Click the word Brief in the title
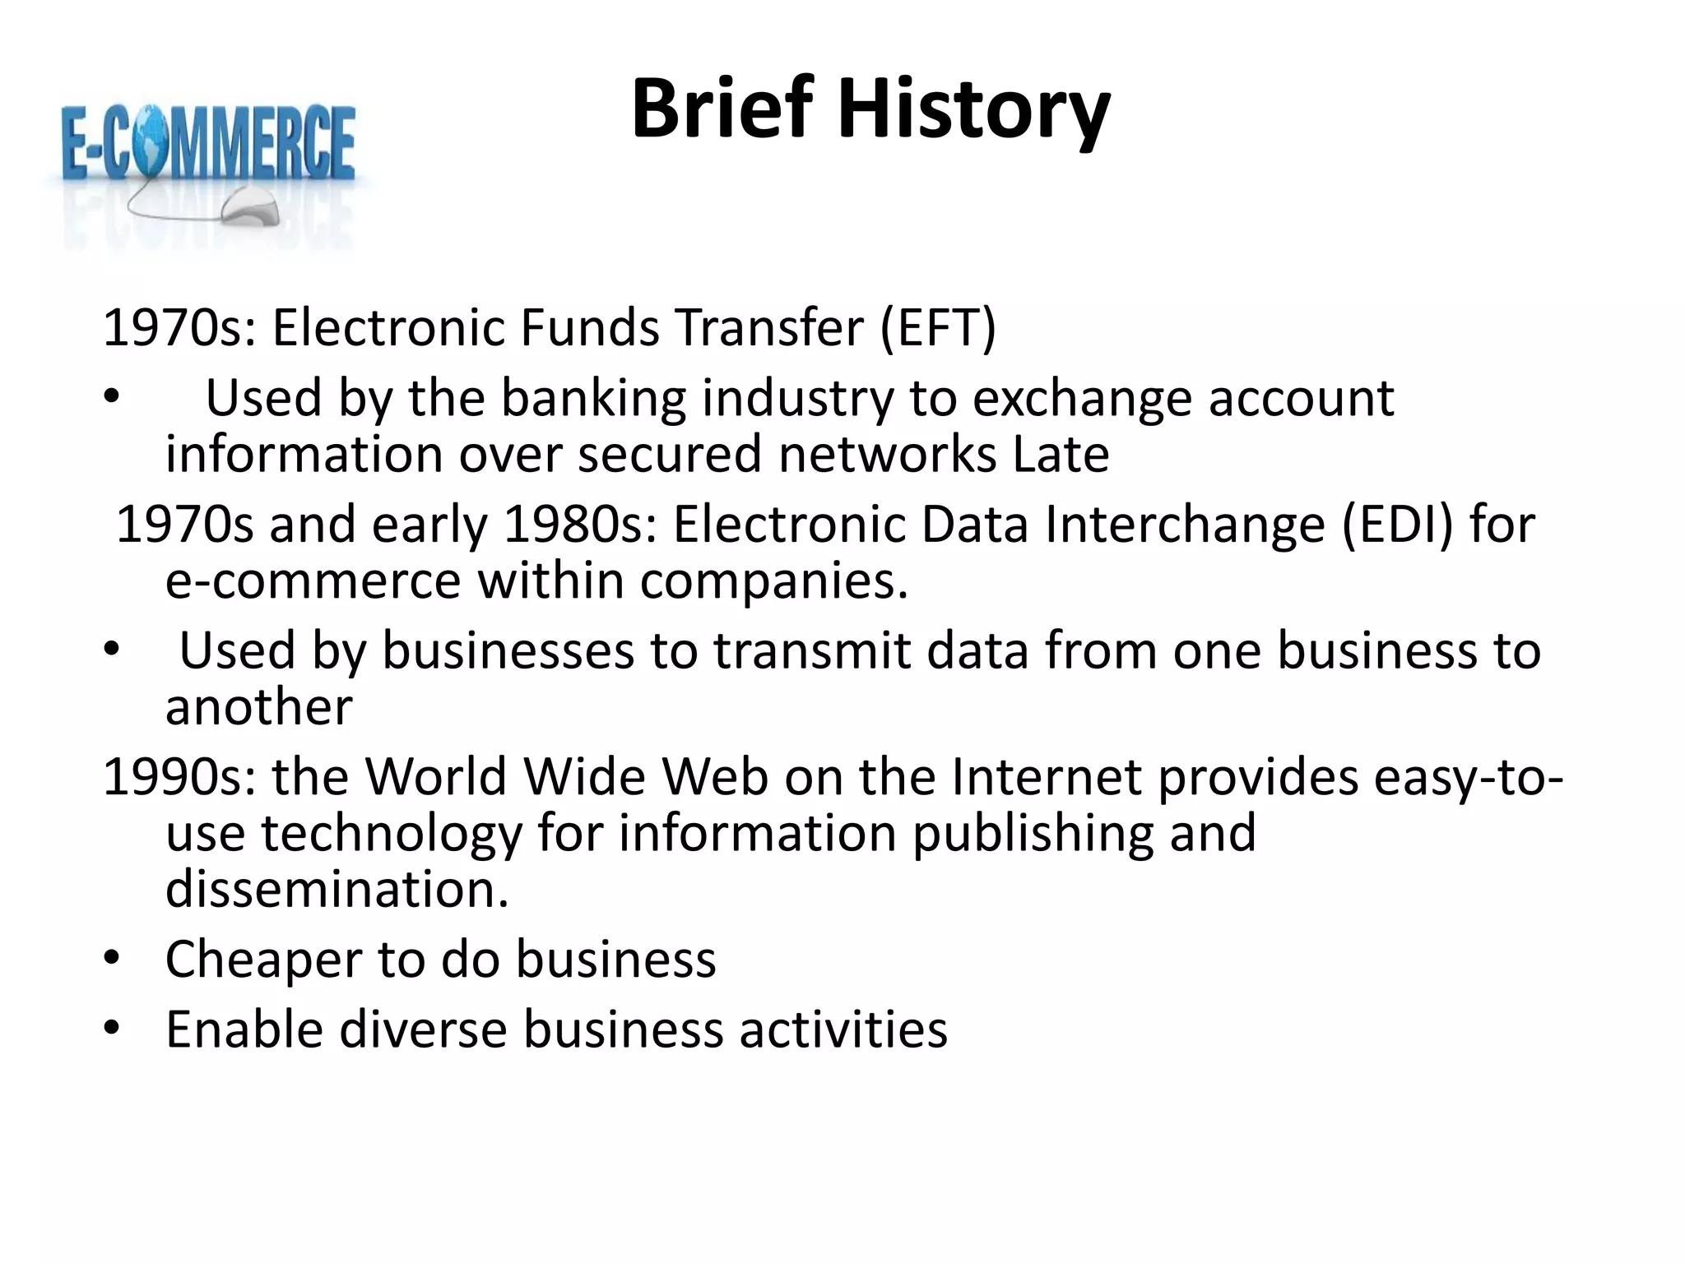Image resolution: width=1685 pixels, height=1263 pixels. point(722,109)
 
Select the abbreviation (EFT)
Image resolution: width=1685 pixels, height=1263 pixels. point(937,327)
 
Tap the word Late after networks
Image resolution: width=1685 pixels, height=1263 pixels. point(1061,455)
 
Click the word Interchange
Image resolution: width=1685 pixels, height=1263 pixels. point(1185,524)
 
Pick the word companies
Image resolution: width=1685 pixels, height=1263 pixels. point(773,581)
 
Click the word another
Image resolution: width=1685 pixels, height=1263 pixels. point(259,706)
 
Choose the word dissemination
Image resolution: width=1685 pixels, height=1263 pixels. point(337,889)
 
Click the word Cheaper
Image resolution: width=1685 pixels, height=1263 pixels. point(263,960)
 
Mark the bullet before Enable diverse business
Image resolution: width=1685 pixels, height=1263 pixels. point(112,1029)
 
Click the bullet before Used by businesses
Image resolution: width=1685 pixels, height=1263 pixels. point(112,650)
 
